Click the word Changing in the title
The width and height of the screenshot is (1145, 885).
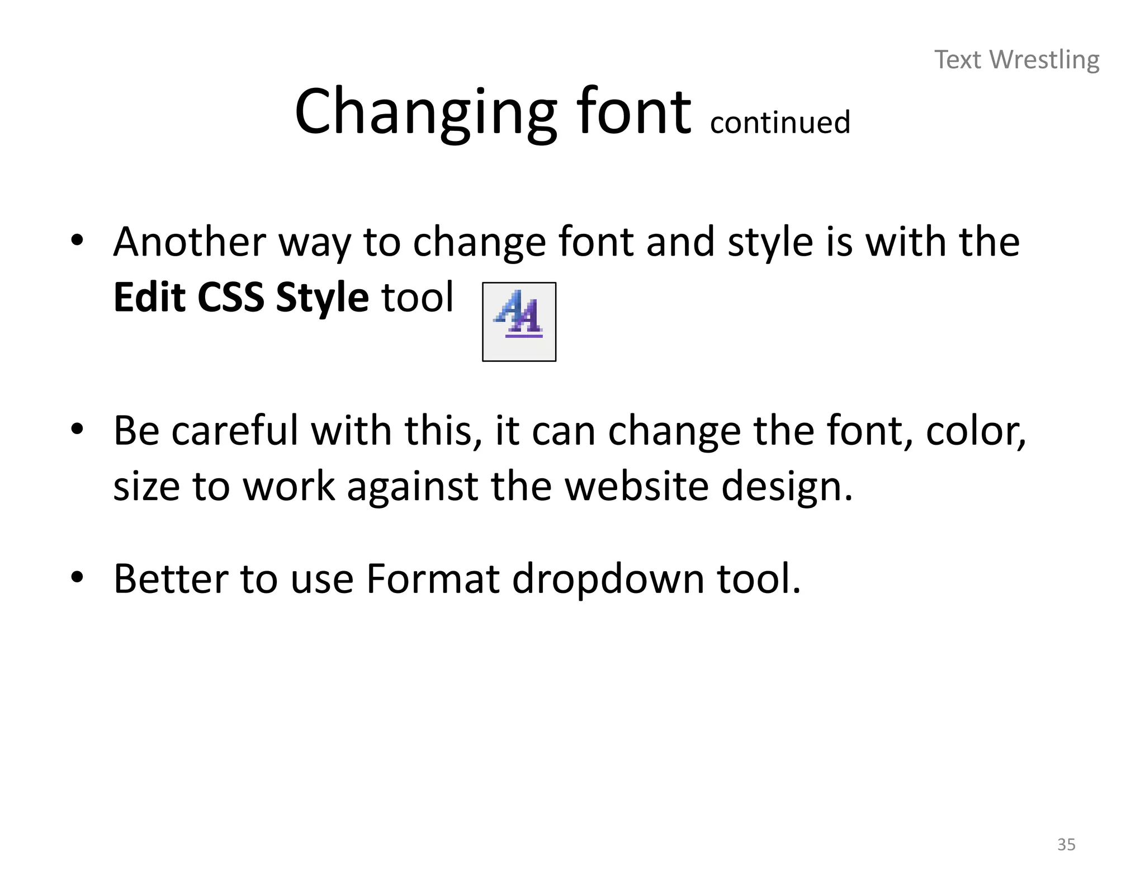coord(425,112)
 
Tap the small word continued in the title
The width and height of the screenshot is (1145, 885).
coord(780,123)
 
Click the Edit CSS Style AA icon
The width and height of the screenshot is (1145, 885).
coord(519,322)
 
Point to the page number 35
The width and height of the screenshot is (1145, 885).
coord(1066,845)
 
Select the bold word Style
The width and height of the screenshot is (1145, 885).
coord(322,298)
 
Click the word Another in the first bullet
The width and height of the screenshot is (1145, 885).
coord(190,242)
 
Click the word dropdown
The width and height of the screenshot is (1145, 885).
coord(608,580)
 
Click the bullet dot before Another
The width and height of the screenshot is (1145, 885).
coord(77,241)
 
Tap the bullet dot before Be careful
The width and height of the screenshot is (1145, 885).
coord(77,430)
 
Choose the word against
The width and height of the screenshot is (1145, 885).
coord(412,487)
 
